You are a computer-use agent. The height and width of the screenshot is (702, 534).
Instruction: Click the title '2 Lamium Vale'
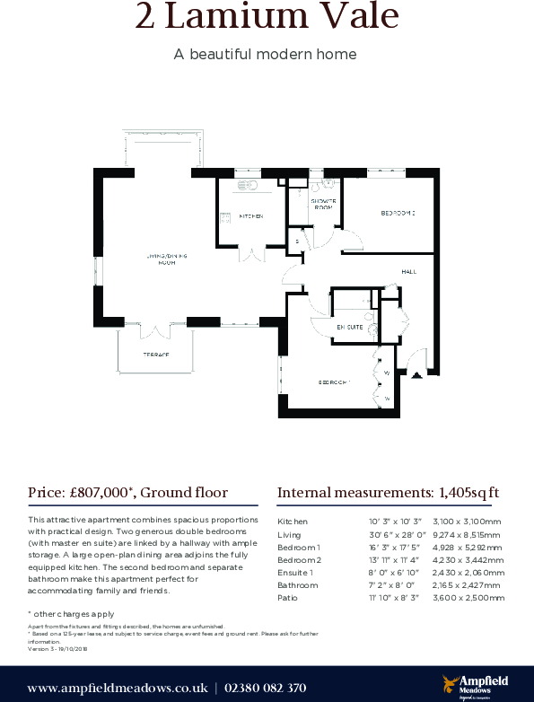[x=266, y=18]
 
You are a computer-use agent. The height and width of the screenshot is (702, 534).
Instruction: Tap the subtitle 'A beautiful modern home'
[x=266, y=54]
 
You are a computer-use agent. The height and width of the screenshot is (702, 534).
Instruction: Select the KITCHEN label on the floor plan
[x=250, y=216]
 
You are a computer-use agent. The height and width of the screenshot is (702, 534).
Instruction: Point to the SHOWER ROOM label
[x=323, y=204]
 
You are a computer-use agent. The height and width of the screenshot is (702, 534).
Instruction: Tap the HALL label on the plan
[x=408, y=270]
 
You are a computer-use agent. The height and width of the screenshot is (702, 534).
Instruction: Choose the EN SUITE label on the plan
[x=350, y=328]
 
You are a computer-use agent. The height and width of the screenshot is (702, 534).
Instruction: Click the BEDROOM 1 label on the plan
[x=334, y=382]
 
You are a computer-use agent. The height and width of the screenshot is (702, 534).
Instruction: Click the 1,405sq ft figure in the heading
[x=467, y=492]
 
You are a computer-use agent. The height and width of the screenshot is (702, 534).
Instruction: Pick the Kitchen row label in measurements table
[x=293, y=521]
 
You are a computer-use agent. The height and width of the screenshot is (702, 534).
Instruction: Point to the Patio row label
[x=287, y=597]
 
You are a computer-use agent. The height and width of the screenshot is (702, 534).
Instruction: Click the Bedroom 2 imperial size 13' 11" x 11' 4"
[x=394, y=559]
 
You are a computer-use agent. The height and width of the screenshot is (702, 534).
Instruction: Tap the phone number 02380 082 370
[x=265, y=688]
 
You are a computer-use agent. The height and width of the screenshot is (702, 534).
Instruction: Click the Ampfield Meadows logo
[x=472, y=685]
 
